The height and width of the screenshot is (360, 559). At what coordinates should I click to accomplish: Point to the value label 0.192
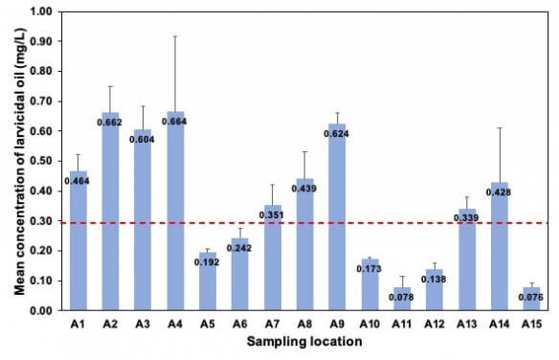tap(209, 260)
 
